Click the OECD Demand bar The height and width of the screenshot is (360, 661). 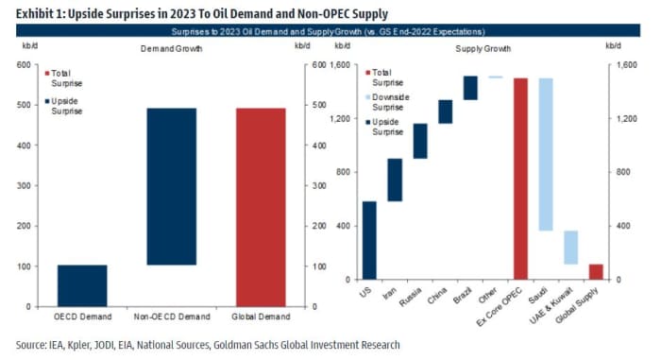(x=82, y=285)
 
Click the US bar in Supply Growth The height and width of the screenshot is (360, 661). (x=369, y=240)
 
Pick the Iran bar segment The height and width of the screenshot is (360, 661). (x=394, y=180)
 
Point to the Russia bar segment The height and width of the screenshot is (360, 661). (x=419, y=141)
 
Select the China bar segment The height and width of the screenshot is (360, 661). (x=445, y=111)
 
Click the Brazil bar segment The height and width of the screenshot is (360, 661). (x=470, y=88)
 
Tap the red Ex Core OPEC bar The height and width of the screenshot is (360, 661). (x=520, y=179)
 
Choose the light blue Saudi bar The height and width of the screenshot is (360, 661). (x=546, y=154)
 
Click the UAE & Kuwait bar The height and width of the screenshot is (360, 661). (x=571, y=248)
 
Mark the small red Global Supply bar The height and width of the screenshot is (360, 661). (x=596, y=272)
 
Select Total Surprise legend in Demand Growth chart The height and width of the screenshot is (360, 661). (x=65, y=77)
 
